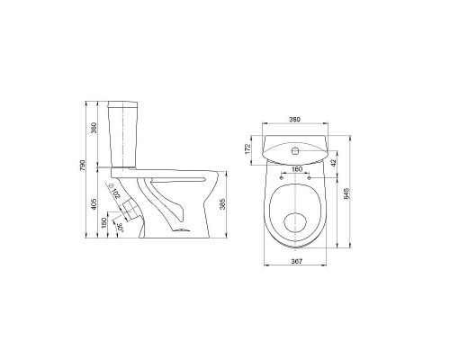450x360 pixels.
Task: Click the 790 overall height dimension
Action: [83, 166]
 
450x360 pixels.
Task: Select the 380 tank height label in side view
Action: [94, 128]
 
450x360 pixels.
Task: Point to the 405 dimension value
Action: [94, 203]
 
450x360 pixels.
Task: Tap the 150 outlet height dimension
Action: [104, 222]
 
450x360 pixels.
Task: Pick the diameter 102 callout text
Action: [115, 192]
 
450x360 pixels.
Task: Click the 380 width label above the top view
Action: [294, 120]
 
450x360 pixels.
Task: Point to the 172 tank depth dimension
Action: [247, 149]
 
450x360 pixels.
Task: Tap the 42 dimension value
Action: [334, 163]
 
